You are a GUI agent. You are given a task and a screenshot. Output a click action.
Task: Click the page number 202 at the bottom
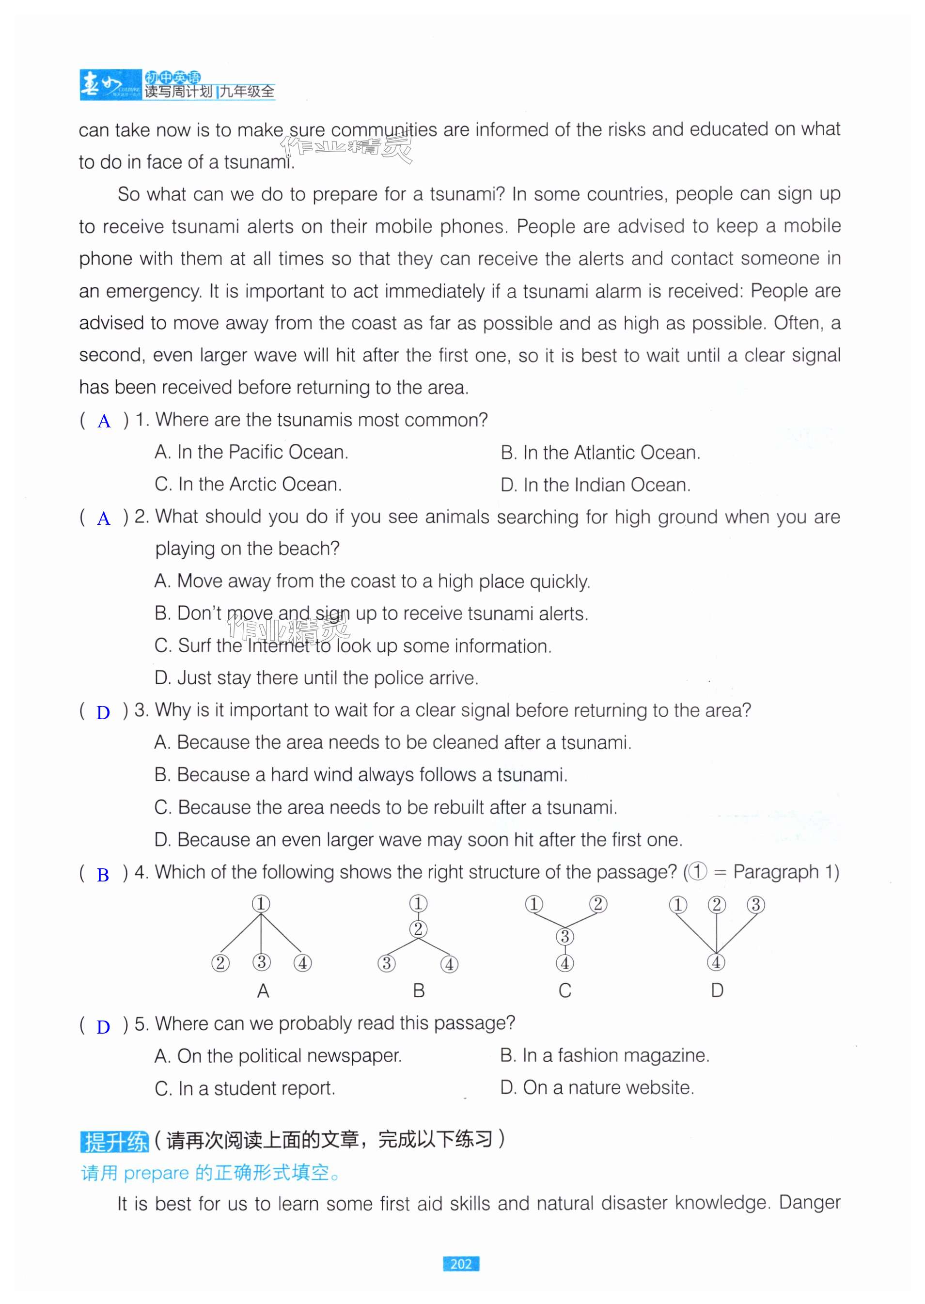(461, 1264)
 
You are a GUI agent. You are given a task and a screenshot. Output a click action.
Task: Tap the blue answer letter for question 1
(104, 422)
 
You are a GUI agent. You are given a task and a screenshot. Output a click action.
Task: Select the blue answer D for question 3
(103, 713)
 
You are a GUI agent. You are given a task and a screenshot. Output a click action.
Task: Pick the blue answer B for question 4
(103, 875)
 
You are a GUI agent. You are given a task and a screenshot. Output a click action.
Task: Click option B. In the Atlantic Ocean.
(600, 453)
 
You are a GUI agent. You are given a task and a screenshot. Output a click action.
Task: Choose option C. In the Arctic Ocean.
(249, 485)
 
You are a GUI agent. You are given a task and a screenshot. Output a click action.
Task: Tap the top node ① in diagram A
(261, 904)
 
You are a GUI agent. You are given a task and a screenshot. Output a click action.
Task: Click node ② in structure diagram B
(418, 929)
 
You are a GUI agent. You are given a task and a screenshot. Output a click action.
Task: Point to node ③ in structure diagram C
(564, 937)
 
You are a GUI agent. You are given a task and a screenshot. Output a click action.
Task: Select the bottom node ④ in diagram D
(716, 963)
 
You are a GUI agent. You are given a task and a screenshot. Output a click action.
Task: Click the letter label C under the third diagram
(564, 990)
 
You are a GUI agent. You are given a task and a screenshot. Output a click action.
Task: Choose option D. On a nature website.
(597, 1087)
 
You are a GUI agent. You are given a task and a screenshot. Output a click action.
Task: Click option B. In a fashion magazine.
(604, 1055)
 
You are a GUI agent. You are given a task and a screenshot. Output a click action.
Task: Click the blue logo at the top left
(110, 85)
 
